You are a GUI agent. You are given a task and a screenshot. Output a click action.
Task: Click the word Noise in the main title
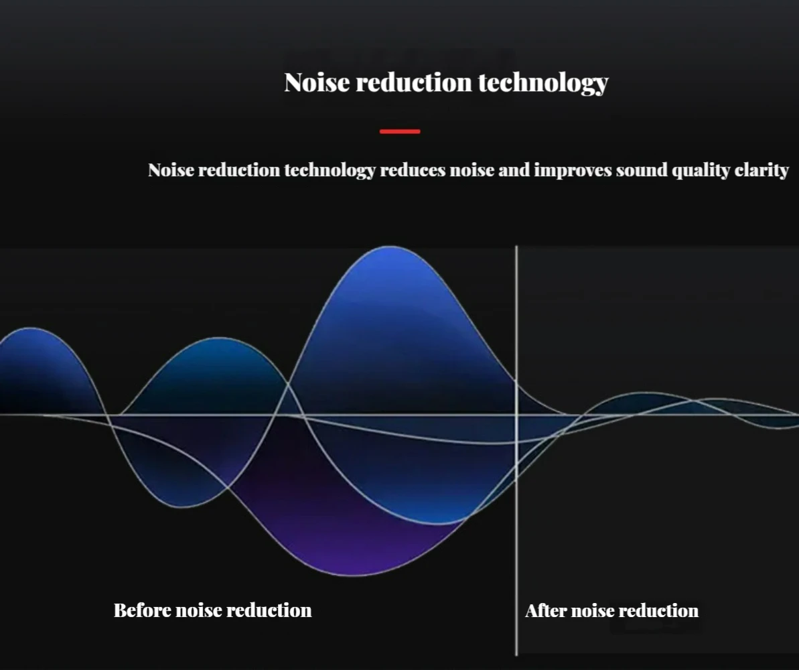pyautogui.click(x=317, y=82)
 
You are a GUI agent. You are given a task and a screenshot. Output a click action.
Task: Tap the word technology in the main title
pyautogui.click(x=543, y=83)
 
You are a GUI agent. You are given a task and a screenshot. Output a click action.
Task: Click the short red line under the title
pyautogui.click(x=400, y=131)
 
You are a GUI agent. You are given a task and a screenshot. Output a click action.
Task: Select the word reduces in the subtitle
pyautogui.click(x=413, y=170)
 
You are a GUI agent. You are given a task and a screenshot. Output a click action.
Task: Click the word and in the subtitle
pyautogui.click(x=514, y=170)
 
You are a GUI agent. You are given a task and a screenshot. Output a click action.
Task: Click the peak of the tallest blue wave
pyautogui.click(x=390, y=247)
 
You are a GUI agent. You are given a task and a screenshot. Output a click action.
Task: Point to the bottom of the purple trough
pyautogui.click(x=354, y=575)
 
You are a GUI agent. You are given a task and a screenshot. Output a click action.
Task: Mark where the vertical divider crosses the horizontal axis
pyautogui.click(x=516, y=415)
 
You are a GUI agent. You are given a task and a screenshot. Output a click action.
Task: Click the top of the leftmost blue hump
pyautogui.click(x=31, y=328)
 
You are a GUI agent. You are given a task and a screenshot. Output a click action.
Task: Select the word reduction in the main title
pyautogui.click(x=414, y=82)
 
